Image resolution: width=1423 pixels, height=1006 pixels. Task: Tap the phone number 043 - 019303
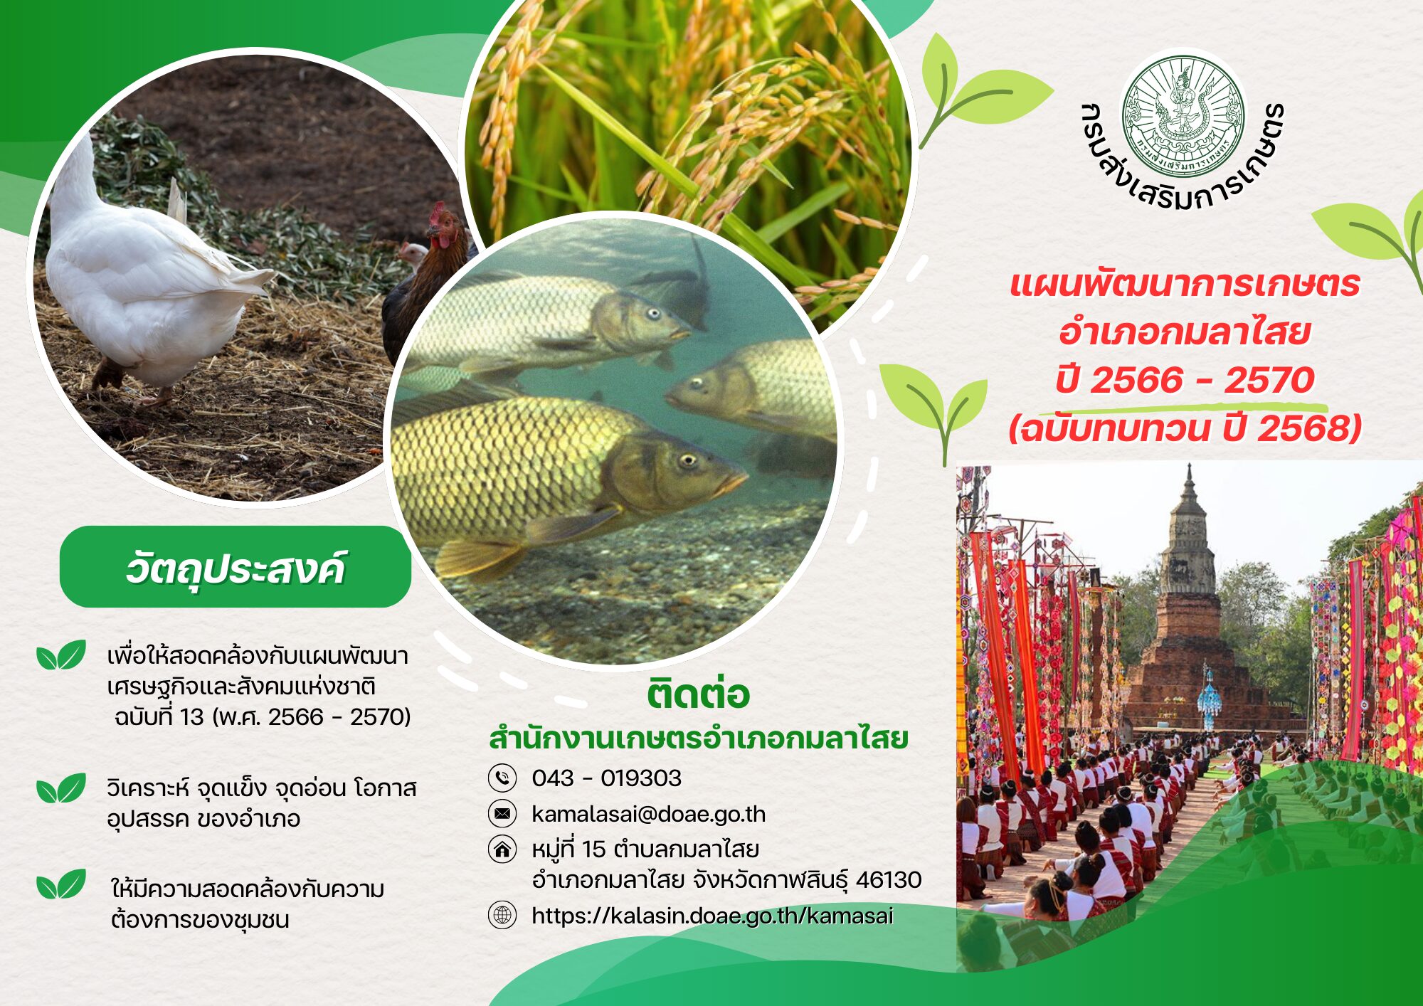click(x=606, y=778)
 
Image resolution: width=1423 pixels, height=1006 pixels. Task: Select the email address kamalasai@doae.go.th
click(x=648, y=813)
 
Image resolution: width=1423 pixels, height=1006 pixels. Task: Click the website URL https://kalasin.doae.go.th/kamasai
click(x=712, y=916)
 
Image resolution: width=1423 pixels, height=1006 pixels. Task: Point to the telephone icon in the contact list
click(x=502, y=778)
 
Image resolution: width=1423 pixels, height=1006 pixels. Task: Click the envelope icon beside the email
click(x=502, y=813)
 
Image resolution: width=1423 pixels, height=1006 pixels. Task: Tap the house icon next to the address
click(x=502, y=849)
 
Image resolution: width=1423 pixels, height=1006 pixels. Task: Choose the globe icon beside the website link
click(x=502, y=915)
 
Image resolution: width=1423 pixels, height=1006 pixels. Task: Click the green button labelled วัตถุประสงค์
click(x=236, y=567)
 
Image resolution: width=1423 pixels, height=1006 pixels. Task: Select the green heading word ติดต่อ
click(x=698, y=694)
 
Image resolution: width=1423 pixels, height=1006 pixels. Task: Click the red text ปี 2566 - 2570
click(x=1185, y=380)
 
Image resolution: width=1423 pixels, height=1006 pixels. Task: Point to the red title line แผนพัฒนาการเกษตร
click(x=1185, y=284)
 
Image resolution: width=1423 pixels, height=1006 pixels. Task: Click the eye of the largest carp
click(x=687, y=460)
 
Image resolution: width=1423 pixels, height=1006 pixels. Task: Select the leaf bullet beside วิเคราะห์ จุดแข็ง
click(x=61, y=788)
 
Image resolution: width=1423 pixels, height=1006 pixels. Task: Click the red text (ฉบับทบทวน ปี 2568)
click(x=1185, y=428)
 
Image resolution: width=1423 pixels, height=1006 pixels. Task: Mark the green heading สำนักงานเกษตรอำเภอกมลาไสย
click(x=698, y=738)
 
